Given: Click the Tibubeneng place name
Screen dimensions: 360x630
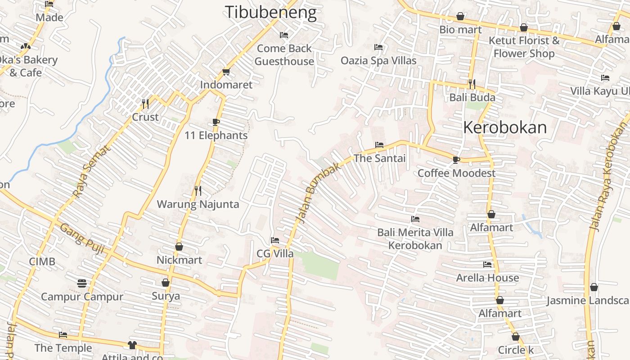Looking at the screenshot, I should pyautogui.click(x=270, y=12).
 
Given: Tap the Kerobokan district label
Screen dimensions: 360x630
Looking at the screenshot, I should pyautogui.click(x=505, y=127).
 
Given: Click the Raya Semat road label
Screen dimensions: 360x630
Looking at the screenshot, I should pyautogui.click(x=91, y=171).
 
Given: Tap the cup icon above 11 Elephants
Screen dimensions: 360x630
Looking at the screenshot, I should pyautogui.click(x=216, y=122).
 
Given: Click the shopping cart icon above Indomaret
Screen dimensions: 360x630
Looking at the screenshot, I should pyautogui.click(x=226, y=72).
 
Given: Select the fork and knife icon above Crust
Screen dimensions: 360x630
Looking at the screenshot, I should pyautogui.click(x=145, y=104).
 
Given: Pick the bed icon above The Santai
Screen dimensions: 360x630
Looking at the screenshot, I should pyautogui.click(x=379, y=145).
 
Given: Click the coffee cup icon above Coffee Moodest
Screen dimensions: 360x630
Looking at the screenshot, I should pyautogui.click(x=456, y=160).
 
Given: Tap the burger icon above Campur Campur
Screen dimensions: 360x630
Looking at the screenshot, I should pyautogui.click(x=81, y=283).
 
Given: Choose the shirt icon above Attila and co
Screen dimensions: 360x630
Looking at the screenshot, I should pyautogui.click(x=132, y=345).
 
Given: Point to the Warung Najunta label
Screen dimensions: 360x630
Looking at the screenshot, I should pyautogui.click(x=198, y=204).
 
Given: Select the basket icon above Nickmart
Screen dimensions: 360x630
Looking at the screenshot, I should pyautogui.click(x=179, y=247).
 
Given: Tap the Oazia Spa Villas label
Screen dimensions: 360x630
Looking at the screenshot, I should pyautogui.click(x=378, y=60).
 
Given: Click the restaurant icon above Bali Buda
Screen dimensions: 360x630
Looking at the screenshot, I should pyautogui.click(x=472, y=84).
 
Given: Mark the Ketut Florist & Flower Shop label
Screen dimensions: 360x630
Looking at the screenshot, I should pyautogui.click(x=524, y=47).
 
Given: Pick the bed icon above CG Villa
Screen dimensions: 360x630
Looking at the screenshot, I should pyautogui.click(x=275, y=240).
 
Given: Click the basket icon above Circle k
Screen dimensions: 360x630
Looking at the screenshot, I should pyautogui.click(x=516, y=337).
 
